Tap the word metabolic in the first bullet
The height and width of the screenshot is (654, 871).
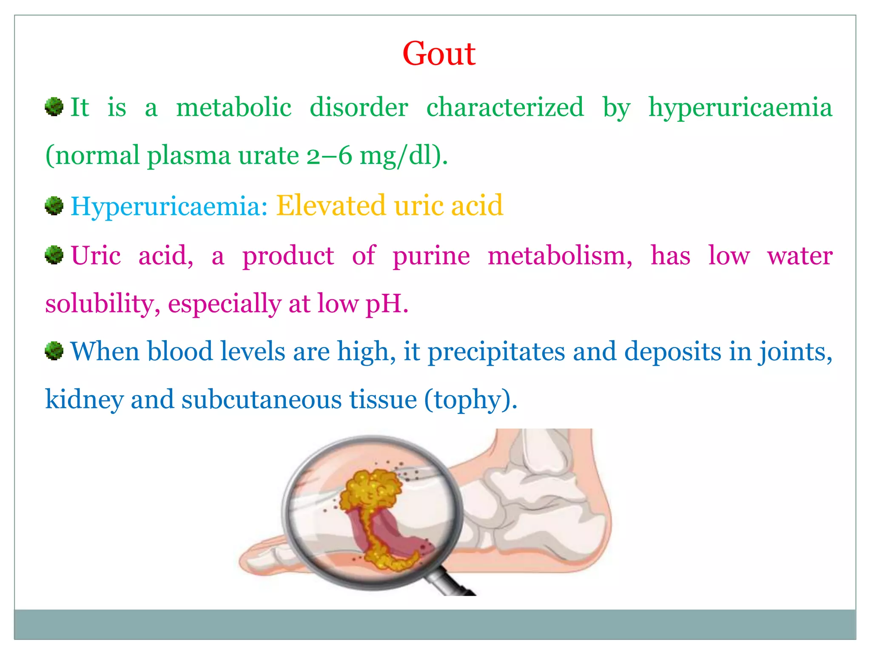[x=233, y=107]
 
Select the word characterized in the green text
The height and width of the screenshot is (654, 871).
[x=505, y=107]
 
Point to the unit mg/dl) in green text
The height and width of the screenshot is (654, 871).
[x=403, y=155]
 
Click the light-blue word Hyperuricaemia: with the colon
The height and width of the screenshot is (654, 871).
[x=169, y=207]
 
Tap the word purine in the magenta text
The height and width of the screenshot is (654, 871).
[x=431, y=256]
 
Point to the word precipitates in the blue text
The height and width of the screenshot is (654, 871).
[x=496, y=352]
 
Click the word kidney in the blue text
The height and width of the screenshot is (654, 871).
[x=84, y=400]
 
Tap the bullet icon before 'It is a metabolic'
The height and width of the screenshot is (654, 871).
[x=54, y=106]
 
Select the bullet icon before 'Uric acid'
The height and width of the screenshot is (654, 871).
[x=54, y=255]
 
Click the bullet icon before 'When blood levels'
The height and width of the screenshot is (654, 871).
[x=54, y=351]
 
